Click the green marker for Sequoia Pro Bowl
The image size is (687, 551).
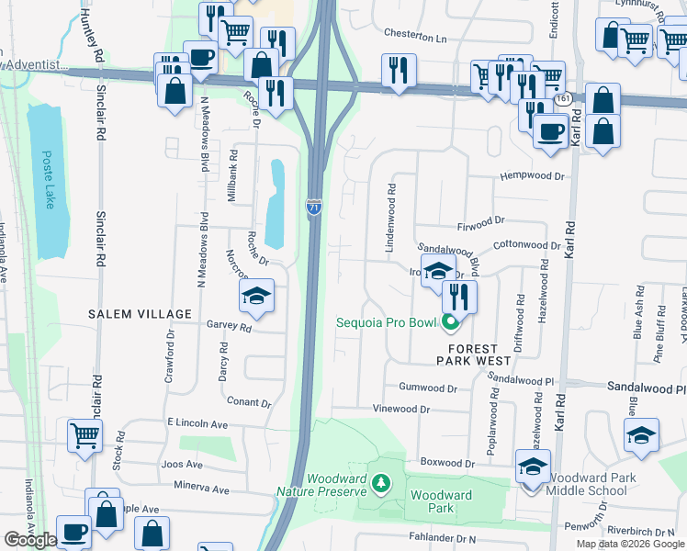point(450,323)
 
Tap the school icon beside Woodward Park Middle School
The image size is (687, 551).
point(533,467)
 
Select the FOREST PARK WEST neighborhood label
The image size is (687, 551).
point(472,355)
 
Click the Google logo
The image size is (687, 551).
point(30,540)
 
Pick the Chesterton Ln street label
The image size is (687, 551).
point(414,38)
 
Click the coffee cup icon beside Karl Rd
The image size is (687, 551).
point(550,131)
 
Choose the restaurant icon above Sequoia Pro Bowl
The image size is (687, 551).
point(459,295)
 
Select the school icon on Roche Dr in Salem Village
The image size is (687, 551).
point(256,296)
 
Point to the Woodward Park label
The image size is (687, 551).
point(441,501)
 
